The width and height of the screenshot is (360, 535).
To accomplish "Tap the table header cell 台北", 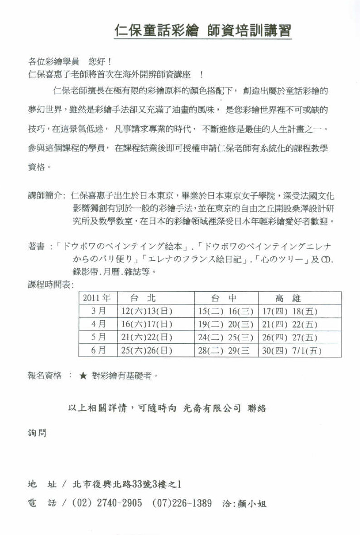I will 143,298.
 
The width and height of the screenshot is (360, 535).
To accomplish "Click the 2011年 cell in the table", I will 97,298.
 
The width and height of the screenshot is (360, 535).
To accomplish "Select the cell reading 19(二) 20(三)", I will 225,324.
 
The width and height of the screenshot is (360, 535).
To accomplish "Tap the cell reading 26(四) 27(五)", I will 290,337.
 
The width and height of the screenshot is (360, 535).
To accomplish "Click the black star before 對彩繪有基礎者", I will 83,376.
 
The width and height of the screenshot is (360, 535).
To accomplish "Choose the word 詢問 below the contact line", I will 37,433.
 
